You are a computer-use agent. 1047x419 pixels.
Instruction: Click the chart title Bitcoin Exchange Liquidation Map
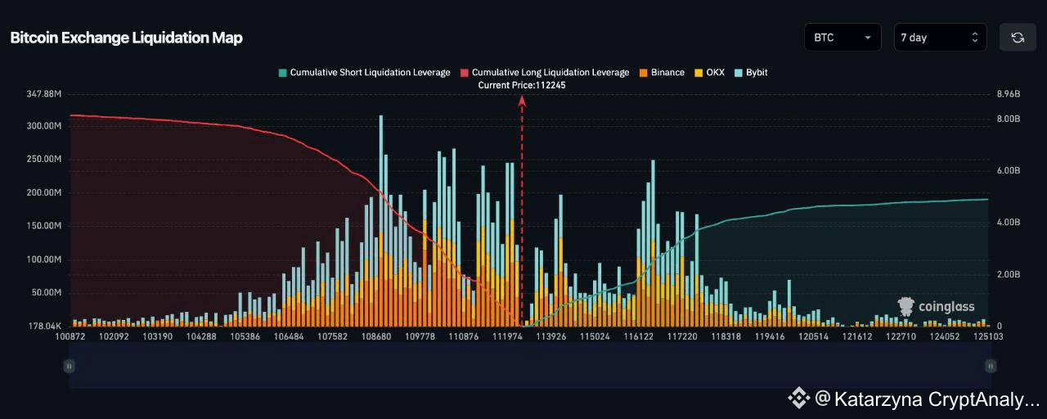(126, 38)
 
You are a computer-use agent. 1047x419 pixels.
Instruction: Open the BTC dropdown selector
(842, 38)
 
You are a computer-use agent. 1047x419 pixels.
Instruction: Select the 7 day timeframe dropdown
(939, 38)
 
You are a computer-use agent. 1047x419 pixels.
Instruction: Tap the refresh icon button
(1018, 38)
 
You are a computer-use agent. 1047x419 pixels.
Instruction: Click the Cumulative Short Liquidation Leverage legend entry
(364, 72)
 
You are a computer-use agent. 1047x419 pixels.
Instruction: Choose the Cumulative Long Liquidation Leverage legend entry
(545, 72)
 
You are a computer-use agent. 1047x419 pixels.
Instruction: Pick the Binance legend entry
(662, 72)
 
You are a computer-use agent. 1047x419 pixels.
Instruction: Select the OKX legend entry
(709, 72)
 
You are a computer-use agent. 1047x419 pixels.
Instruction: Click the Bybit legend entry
(751, 72)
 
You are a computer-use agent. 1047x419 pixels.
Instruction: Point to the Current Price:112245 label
(522, 85)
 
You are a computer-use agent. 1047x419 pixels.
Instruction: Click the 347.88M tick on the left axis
(45, 94)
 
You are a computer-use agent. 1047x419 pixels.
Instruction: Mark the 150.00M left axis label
(45, 226)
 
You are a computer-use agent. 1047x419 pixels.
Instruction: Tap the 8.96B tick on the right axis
(1008, 94)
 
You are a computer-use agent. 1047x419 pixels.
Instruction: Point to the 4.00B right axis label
(1008, 223)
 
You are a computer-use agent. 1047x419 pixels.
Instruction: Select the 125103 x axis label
(989, 336)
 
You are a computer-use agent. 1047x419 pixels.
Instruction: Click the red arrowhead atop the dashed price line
(522, 100)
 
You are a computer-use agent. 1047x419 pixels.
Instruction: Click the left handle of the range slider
(70, 366)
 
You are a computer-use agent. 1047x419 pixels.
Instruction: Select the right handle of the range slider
(991, 366)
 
